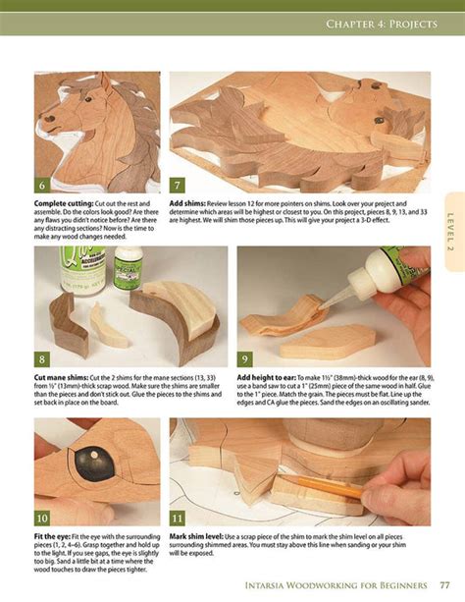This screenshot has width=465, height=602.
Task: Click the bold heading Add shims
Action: point(189,200)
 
